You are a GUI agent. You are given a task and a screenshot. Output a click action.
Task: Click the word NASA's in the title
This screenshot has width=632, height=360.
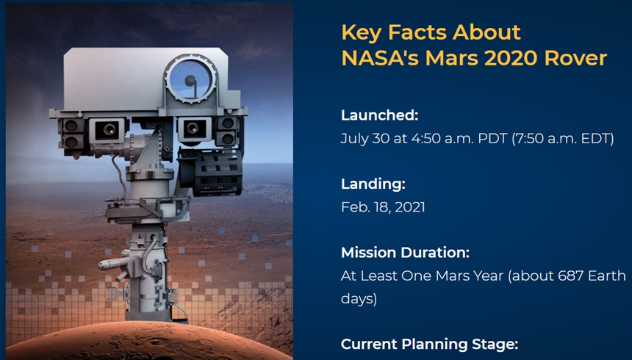[380, 58]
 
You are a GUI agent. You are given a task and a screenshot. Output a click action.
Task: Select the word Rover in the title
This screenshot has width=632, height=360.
[575, 58]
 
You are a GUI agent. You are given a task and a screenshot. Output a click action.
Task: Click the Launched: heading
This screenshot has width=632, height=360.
[380, 115]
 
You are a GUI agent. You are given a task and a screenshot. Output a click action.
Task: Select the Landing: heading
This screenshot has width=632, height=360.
[373, 184]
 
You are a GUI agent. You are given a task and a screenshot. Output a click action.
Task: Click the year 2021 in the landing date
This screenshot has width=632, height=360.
[409, 207]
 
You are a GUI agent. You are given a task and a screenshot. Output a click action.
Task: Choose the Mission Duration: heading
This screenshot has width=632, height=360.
[406, 253]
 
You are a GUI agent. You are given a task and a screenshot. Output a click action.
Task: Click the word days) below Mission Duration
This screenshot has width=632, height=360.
[359, 299]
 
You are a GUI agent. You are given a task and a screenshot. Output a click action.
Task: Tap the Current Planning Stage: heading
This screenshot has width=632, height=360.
[430, 345]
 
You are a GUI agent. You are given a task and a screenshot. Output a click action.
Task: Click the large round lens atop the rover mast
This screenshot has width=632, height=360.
[190, 79]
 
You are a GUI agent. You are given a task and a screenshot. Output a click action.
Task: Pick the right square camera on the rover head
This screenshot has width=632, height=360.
[194, 129]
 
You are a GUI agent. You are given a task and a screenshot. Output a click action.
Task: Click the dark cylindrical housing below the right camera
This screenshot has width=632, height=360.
[211, 172]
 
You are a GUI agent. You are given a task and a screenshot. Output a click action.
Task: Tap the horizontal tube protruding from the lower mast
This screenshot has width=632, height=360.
[115, 264]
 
